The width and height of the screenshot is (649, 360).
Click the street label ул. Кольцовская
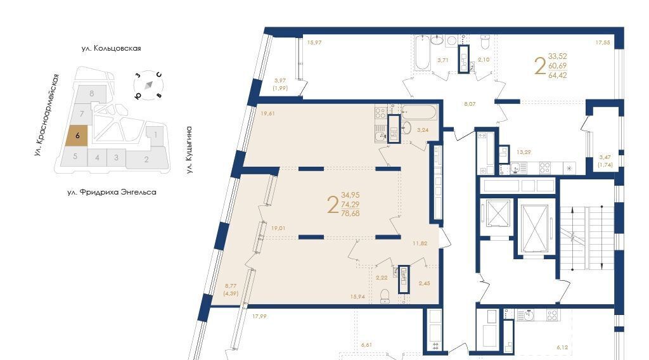point(112,48)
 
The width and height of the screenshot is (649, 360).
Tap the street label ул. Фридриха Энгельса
point(112,193)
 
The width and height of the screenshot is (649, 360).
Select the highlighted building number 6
point(77,135)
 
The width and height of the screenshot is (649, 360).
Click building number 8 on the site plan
point(92,94)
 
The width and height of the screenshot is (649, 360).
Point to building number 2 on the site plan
point(146,159)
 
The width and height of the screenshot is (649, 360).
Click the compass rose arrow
point(149,85)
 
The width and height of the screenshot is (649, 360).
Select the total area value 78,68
point(350,214)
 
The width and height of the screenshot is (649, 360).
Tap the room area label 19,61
point(268,113)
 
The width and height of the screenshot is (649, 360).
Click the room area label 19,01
point(278,228)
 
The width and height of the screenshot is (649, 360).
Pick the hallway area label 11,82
point(420,243)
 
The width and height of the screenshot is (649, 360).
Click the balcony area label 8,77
point(231,285)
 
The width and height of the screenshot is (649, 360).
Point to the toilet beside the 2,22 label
point(385,295)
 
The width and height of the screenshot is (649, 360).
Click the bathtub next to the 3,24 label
point(419,112)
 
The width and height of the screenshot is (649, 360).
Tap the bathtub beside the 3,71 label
point(423,53)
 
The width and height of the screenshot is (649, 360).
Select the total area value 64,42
point(558,75)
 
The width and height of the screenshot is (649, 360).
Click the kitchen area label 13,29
point(524,152)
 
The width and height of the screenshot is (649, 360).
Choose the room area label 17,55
point(603,42)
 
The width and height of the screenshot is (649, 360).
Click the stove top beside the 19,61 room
point(381,113)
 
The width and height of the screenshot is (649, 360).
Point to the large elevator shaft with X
point(535,228)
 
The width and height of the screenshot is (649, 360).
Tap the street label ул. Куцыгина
point(189,150)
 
